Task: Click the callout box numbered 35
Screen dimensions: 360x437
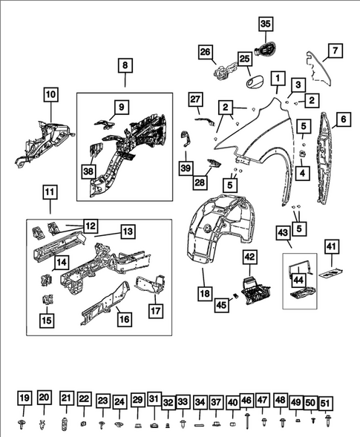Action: point(266,24)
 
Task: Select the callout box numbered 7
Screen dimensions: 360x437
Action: point(336,50)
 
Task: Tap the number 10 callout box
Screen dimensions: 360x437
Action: point(50,94)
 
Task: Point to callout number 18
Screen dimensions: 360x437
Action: point(205,294)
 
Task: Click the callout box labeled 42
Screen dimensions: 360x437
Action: point(250,257)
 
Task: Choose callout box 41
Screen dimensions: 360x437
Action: point(331,246)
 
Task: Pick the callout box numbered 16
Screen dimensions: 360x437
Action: point(125,319)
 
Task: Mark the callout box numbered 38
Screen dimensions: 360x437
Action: point(88,171)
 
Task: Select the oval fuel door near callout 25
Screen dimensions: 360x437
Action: point(255,83)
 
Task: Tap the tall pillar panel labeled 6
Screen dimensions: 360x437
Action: point(325,158)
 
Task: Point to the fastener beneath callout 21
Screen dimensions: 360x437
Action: point(65,424)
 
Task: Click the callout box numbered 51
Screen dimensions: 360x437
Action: point(326,404)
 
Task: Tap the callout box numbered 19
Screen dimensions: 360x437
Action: point(24,398)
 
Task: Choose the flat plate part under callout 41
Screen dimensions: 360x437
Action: point(331,272)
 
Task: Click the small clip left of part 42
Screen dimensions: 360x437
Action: point(235,296)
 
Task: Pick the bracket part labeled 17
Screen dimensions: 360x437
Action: point(151,285)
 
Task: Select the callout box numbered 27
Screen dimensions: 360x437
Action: point(195,99)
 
